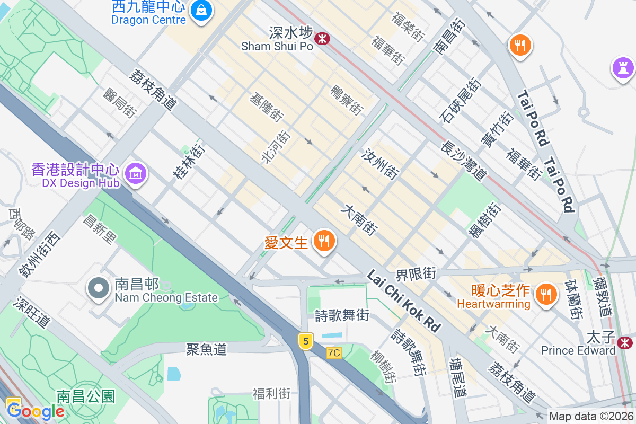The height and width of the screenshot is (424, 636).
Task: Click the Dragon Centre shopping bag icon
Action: coord(201,9)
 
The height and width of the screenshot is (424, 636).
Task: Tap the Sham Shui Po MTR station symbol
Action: coord(322,38)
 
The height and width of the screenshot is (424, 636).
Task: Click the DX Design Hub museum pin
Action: coord(136,172)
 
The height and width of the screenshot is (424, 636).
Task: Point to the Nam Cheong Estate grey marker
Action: coord(98,289)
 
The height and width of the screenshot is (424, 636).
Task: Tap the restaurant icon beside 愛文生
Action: coord(323,241)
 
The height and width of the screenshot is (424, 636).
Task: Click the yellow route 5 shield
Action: coord(305,341)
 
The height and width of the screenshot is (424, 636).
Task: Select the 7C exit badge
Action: coord(334,353)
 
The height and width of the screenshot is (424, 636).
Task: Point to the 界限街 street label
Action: coord(416,274)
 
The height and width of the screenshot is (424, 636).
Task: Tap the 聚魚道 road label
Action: coord(206,349)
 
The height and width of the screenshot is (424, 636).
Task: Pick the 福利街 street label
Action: coord(271,394)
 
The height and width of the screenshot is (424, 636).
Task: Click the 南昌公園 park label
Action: coord(86,396)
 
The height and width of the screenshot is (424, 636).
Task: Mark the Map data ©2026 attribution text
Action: coord(591,416)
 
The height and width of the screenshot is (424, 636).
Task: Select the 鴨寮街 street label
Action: coord(347,100)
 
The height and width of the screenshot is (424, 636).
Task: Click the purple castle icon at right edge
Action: coord(623,68)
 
